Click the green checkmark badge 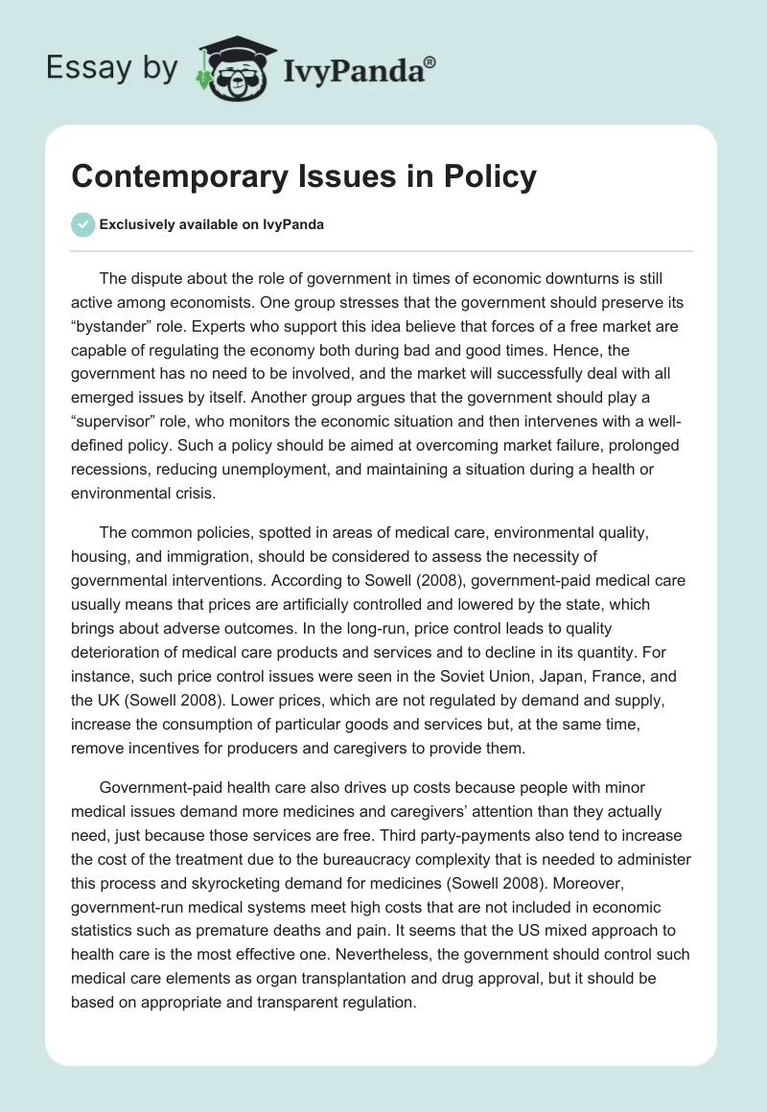82,224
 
